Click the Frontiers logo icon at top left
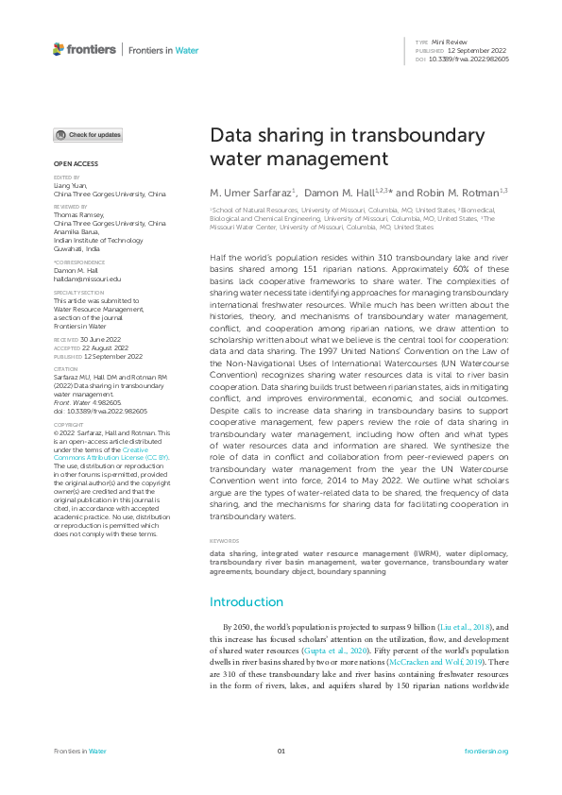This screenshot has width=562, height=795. click(x=59, y=49)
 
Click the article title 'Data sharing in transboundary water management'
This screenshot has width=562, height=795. click(x=322, y=146)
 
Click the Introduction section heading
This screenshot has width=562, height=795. click(x=246, y=601)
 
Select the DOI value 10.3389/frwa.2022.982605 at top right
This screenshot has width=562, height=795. click(x=468, y=59)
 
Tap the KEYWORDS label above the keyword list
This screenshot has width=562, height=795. click(x=224, y=541)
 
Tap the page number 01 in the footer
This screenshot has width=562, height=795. click(x=281, y=752)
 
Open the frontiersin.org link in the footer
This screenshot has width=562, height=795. click(x=486, y=752)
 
